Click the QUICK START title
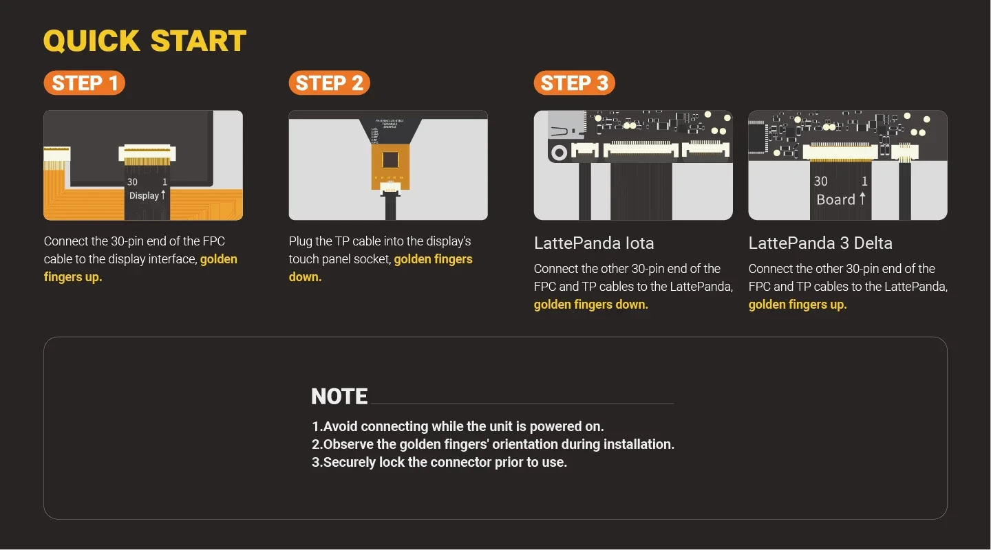(145, 41)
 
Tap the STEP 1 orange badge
(85, 83)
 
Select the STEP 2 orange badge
(329, 83)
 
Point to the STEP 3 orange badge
(574, 83)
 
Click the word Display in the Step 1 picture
(144, 196)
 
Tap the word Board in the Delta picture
(835, 200)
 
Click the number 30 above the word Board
(820, 181)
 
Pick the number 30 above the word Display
(132, 182)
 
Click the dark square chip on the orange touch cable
(390, 160)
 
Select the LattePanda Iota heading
(594, 243)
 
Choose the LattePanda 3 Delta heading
(820, 243)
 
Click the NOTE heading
(339, 397)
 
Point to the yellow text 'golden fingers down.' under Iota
(591, 305)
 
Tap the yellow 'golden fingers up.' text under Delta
(798, 305)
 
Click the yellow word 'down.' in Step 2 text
(305, 277)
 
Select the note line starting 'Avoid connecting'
(458, 426)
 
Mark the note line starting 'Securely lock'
(439, 462)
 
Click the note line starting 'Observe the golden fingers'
(493, 444)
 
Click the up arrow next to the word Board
(862, 199)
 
